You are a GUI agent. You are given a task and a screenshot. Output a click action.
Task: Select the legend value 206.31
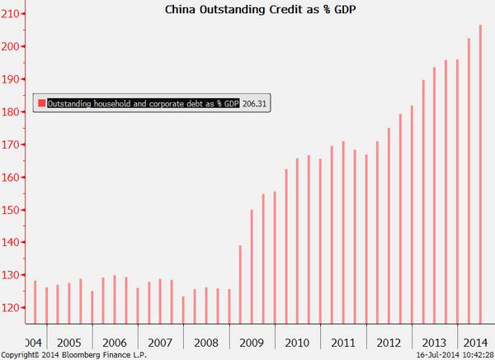coord(257,103)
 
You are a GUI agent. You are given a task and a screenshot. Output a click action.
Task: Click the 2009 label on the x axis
coord(252,342)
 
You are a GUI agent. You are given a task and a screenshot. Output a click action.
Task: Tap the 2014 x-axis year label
coord(474,342)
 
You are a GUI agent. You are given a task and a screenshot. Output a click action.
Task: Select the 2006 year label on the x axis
coord(115,342)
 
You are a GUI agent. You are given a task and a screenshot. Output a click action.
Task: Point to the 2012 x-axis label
coord(389,342)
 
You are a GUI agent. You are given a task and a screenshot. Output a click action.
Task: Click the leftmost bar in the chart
coord(35,301)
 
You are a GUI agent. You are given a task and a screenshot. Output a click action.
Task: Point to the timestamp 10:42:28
coord(474,354)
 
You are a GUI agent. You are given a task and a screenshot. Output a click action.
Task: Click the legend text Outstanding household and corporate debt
coord(143,103)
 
